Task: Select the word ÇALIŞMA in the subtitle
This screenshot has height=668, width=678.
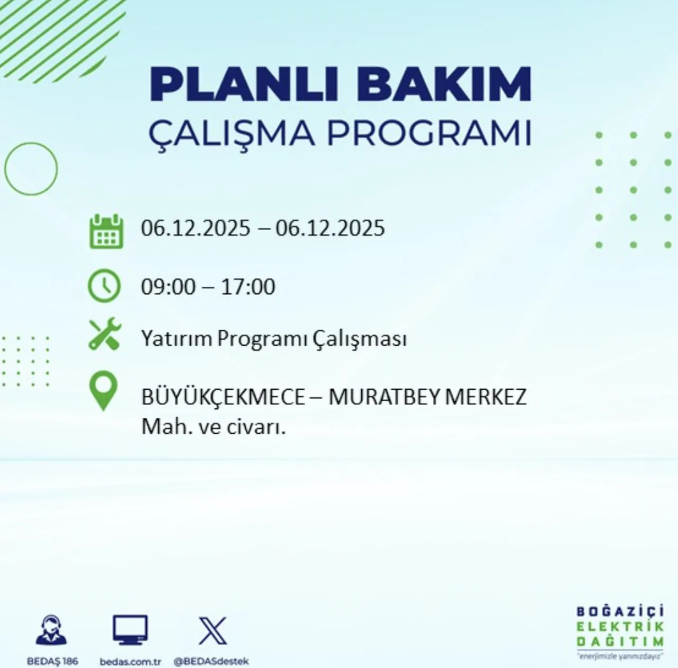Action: click(231, 134)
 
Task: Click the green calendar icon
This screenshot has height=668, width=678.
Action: click(106, 232)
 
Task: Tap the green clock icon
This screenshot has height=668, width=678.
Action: click(104, 286)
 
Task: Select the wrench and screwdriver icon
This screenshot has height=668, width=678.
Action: click(105, 334)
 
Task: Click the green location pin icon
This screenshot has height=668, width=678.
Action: click(103, 391)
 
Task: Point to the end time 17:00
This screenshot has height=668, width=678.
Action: click(248, 287)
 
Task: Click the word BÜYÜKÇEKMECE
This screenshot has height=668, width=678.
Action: click(223, 397)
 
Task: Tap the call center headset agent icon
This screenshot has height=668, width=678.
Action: click(51, 630)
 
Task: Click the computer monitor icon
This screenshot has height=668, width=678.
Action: click(130, 630)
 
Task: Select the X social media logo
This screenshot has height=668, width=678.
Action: click(212, 630)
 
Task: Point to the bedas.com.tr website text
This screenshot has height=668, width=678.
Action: click(130, 661)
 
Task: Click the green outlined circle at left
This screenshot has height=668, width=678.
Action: click(31, 169)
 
